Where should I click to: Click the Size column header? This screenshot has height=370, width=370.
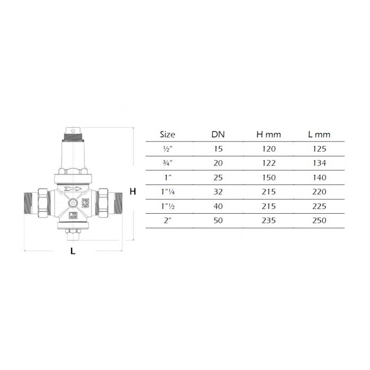(x=167, y=135)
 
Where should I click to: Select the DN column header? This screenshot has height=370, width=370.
(x=218, y=135)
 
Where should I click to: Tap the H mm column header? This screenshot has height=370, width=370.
(x=269, y=135)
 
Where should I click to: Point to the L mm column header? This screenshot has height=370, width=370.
(x=319, y=135)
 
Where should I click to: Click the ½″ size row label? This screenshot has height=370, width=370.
(x=168, y=149)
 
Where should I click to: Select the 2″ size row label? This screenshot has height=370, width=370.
(x=167, y=221)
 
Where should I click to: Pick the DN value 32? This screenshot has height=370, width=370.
(x=218, y=191)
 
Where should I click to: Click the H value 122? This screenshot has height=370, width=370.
(x=269, y=163)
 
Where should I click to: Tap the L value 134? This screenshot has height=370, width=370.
(x=319, y=163)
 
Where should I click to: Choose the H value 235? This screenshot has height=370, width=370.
(x=269, y=221)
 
